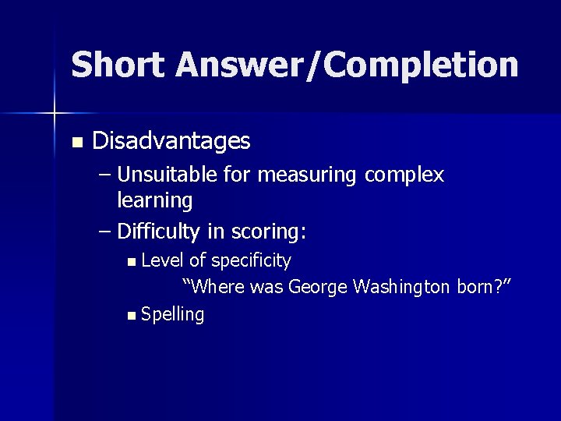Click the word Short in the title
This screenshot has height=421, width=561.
pos(118,64)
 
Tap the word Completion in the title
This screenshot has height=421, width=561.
pos(421,64)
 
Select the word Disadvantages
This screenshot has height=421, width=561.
pos(171,141)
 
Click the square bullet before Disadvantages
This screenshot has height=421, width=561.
pos(76,142)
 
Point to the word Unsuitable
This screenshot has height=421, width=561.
pos(166,175)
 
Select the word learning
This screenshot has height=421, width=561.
pos(154,200)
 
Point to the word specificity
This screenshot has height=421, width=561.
pos(251,260)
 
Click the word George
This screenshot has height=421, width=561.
pos(318,287)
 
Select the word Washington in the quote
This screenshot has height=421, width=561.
pos(401,287)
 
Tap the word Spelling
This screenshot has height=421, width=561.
pos(173,315)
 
